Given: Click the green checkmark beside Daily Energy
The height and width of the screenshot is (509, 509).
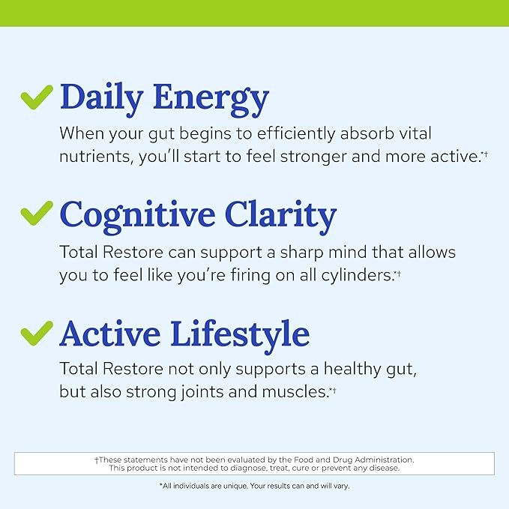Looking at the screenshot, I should (36, 96).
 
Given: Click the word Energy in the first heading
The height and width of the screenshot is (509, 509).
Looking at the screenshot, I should (211, 97).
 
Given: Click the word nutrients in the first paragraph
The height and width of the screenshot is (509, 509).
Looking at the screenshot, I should (91, 157).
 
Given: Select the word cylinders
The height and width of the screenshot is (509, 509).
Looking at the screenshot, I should (352, 275).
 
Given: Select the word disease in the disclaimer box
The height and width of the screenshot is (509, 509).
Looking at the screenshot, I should (381, 468).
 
